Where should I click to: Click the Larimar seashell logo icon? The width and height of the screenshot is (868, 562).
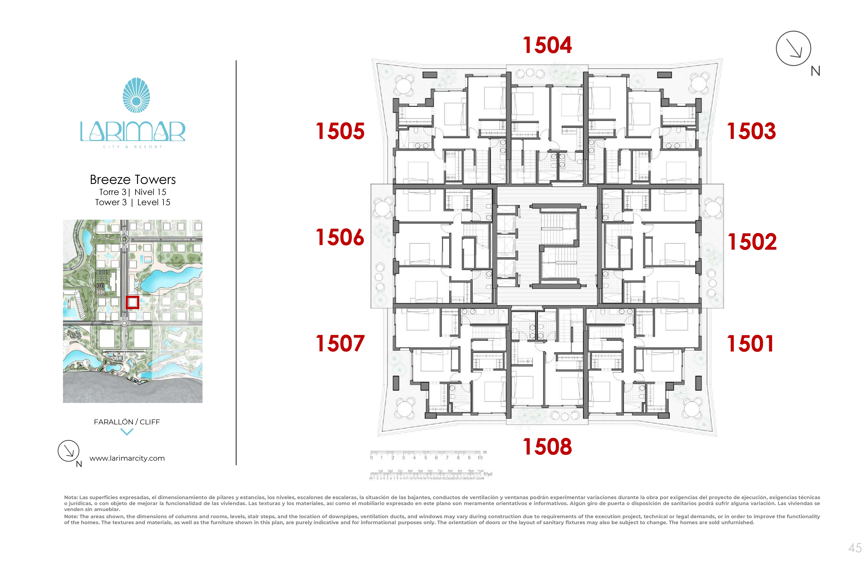click(136, 95)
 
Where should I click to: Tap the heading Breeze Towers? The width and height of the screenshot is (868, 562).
click(133, 179)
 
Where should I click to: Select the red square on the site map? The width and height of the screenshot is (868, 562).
click(132, 302)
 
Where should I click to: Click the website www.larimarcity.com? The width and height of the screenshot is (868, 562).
click(127, 458)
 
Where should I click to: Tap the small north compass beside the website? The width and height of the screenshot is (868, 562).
click(69, 451)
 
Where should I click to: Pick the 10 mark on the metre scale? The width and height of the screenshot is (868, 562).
click(480, 458)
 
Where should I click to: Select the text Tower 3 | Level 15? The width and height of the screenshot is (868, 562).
click(133, 202)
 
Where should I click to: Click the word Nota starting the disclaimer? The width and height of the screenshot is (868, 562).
click(71, 497)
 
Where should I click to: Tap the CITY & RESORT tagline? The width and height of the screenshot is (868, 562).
click(133, 147)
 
